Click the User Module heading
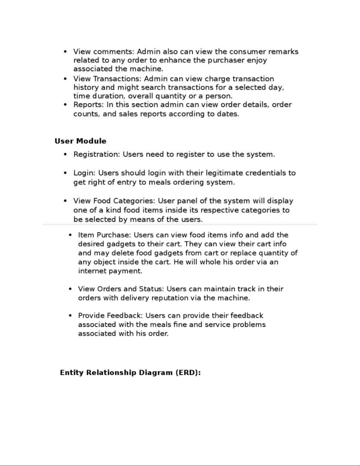click(80, 141)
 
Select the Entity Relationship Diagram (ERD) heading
click(130, 373)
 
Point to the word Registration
click(96, 155)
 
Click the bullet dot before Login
click(66, 173)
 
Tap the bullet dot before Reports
click(66, 105)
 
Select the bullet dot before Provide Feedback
click(70, 316)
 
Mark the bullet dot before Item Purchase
click(70, 235)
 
